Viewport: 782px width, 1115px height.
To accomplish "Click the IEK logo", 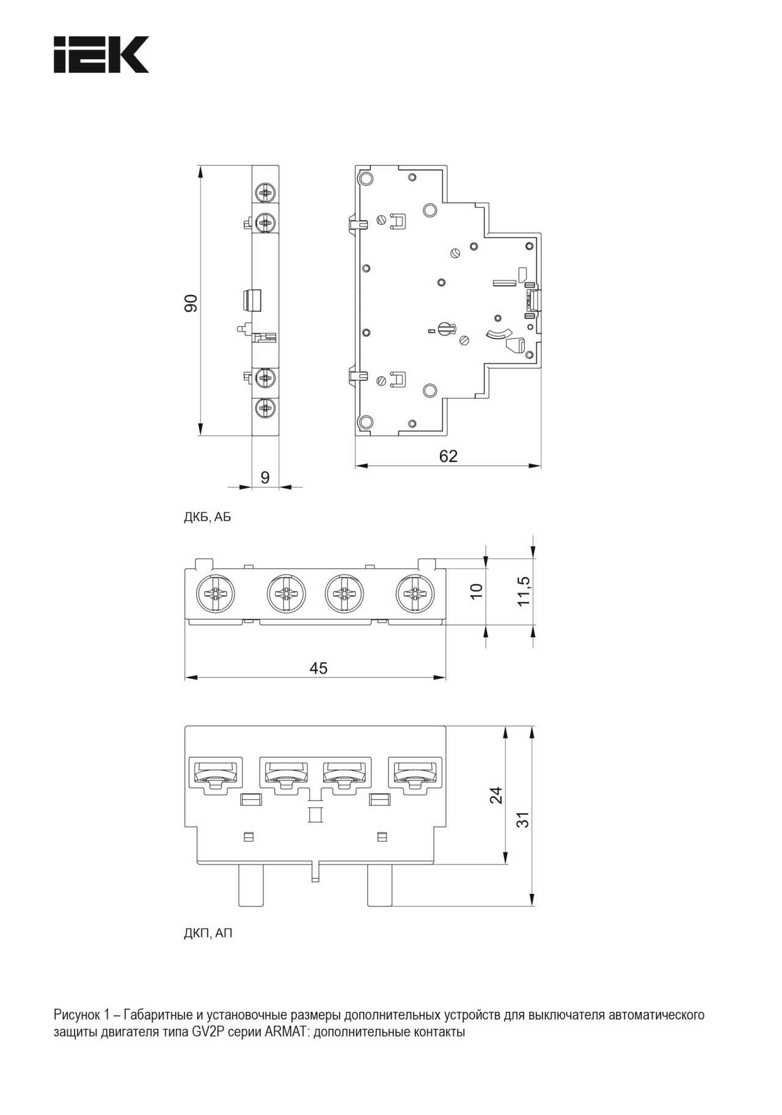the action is [x=101, y=55].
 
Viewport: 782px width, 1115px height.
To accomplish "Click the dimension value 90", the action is [x=191, y=303].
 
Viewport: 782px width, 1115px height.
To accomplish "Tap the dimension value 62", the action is [x=448, y=456].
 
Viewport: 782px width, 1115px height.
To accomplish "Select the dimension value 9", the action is [x=265, y=477].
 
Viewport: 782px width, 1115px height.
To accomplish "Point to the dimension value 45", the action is [x=318, y=668].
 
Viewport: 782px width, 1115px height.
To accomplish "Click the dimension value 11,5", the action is [x=524, y=591].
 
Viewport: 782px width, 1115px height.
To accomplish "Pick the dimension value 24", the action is [x=497, y=795].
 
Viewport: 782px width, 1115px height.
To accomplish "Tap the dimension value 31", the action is [x=523, y=819].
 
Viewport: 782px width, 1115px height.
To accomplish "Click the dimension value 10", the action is [x=477, y=591].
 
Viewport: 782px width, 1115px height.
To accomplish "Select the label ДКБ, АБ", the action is [x=208, y=517].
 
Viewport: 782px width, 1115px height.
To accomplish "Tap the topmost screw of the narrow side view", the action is [x=266, y=194].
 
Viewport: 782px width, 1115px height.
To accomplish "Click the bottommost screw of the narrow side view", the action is [x=266, y=408].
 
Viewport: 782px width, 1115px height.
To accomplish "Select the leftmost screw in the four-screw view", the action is [x=214, y=593].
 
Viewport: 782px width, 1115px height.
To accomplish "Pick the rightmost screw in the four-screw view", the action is [x=415, y=593].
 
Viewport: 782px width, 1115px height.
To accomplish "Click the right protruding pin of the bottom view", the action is [x=379, y=885].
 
